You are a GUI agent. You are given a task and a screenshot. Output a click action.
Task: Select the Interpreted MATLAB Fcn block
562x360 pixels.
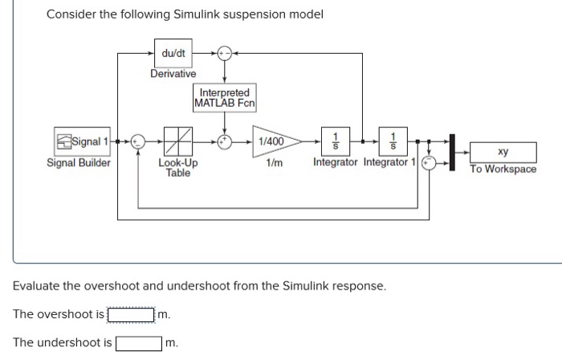point(224,98)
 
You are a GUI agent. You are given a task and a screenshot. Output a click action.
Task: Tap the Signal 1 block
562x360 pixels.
point(83,142)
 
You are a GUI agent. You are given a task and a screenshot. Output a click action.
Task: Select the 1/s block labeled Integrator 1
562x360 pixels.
point(393,141)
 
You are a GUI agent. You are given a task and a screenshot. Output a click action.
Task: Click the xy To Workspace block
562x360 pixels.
point(502,151)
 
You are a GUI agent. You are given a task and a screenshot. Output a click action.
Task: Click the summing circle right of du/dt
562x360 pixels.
point(223,53)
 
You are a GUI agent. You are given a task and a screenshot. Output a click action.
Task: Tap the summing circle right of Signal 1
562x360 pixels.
point(137,142)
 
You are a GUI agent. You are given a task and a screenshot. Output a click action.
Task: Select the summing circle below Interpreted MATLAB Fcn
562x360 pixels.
point(224,142)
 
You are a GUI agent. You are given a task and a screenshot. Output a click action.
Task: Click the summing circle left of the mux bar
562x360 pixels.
point(429,161)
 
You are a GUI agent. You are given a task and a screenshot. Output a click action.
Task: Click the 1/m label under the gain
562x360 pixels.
point(275,162)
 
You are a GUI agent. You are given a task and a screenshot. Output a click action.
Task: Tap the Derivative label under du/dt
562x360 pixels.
point(173,74)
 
